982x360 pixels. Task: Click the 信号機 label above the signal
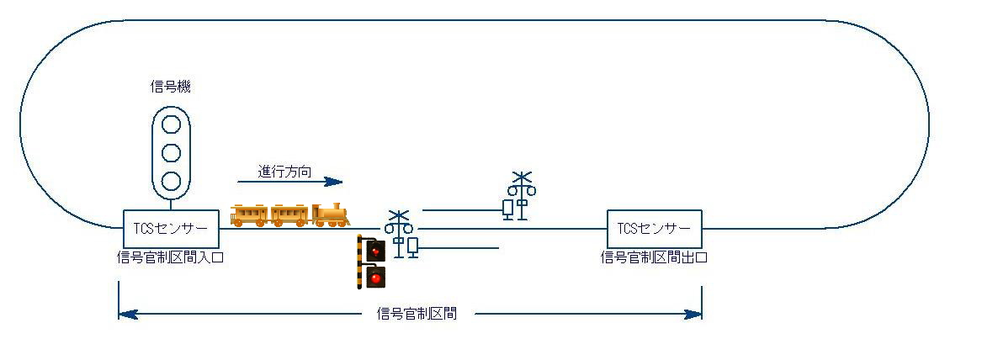click(171, 87)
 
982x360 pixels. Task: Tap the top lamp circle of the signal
click(171, 124)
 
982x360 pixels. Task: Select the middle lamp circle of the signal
click(171, 153)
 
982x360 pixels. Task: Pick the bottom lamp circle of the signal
click(171, 181)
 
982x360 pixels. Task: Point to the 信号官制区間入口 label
click(170, 257)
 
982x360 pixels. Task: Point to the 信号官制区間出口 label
click(654, 257)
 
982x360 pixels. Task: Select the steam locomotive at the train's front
click(330, 214)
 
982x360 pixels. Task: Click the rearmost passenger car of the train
click(249, 215)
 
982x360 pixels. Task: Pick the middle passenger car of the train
click(290, 215)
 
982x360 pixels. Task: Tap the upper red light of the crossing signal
click(376, 251)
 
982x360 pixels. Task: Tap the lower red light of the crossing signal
click(376, 278)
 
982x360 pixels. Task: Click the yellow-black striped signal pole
click(359, 262)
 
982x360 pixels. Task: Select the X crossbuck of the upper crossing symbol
click(521, 178)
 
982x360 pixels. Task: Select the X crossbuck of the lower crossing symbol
click(398, 216)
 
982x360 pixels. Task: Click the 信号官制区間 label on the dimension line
click(417, 314)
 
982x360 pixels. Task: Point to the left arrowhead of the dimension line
click(128, 314)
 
